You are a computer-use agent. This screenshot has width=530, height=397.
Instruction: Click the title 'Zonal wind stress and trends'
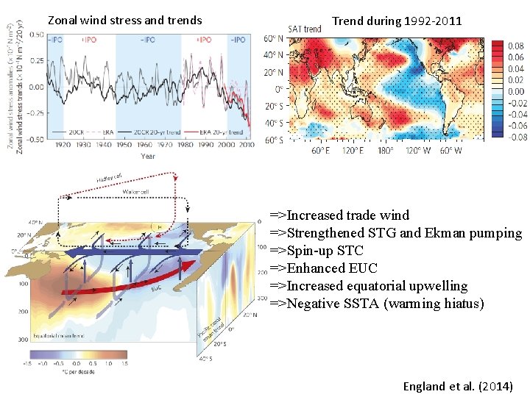coord(124,20)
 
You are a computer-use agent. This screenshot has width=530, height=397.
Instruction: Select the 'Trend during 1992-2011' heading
coord(397,21)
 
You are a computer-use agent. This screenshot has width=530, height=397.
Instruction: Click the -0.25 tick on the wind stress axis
coord(35,112)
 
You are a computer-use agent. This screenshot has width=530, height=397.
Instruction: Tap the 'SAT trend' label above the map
coord(304,29)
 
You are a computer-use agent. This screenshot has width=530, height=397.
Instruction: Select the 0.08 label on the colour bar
coord(516,45)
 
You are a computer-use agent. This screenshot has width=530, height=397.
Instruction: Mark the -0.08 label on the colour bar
coord(516,137)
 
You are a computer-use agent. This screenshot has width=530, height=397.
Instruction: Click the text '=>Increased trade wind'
coord(339,215)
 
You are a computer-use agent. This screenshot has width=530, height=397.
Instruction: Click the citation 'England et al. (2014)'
coord(458,386)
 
